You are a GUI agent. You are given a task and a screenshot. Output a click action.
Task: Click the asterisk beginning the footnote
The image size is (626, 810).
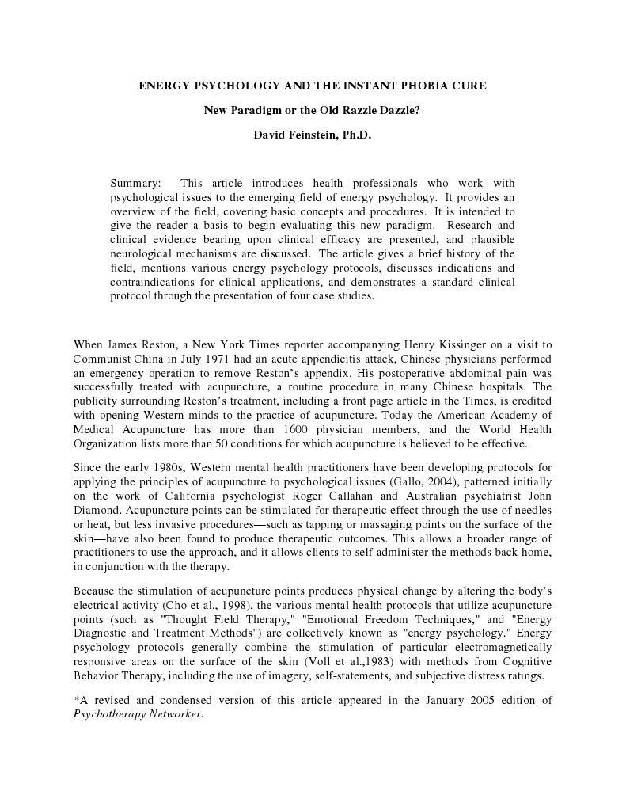(x=75, y=699)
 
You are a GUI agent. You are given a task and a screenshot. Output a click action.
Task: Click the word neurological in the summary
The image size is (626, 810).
(x=148, y=254)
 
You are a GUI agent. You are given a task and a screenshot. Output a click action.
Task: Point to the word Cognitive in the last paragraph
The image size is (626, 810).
(x=525, y=661)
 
